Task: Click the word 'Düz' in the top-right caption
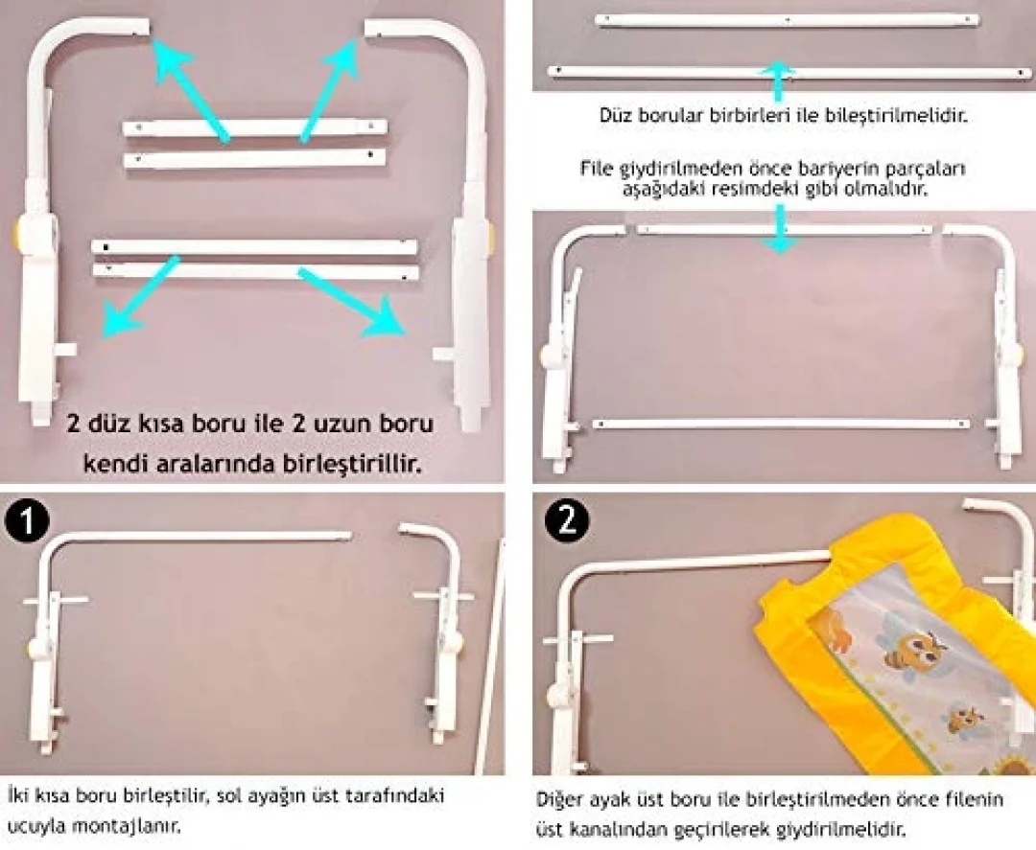[x=616, y=116]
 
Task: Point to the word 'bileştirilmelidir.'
[x=897, y=116]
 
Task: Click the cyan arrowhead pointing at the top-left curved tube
[x=169, y=57]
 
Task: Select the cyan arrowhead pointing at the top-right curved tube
[x=341, y=57]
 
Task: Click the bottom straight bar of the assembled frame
[x=782, y=424]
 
